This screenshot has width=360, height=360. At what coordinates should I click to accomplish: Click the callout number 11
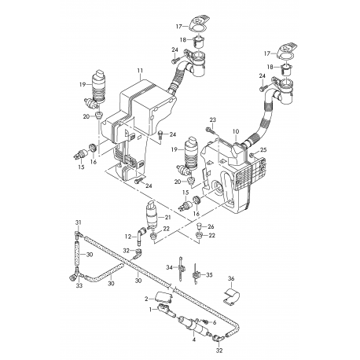(x=140, y=71)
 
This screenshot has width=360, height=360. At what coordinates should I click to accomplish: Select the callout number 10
(x=236, y=131)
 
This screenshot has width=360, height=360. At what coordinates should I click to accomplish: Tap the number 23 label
(x=213, y=120)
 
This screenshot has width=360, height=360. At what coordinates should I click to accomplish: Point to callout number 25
(x=263, y=149)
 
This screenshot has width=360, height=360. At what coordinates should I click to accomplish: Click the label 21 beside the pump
(x=167, y=217)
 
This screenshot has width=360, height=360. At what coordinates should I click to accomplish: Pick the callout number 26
(x=211, y=226)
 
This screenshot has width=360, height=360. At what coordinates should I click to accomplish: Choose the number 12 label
(x=128, y=237)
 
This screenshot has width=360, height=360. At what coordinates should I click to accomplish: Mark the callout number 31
(x=79, y=222)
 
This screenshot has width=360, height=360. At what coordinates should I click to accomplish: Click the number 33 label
(x=79, y=285)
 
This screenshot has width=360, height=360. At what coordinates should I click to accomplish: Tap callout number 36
(x=231, y=279)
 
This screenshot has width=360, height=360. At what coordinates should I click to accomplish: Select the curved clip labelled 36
(x=231, y=297)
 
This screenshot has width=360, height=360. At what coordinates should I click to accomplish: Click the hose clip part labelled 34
(x=181, y=268)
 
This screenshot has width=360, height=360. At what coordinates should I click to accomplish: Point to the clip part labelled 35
(x=196, y=274)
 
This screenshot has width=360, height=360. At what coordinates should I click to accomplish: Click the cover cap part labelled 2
(x=163, y=298)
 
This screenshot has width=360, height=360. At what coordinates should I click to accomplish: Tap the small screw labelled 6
(x=204, y=321)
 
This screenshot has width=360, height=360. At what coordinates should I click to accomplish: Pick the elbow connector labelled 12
(x=141, y=233)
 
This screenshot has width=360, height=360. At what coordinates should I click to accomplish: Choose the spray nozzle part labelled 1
(x=166, y=310)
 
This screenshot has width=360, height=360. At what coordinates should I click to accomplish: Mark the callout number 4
(x=194, y=340)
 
